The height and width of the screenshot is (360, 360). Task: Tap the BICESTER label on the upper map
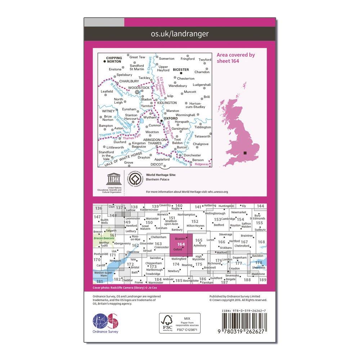coord(181,69)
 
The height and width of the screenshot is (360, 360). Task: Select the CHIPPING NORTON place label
coord(114,60)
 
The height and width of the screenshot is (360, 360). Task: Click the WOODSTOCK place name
coord(139,87)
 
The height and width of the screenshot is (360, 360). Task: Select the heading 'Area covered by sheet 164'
coord(236,58)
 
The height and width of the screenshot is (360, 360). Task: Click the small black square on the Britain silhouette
coord(245,153)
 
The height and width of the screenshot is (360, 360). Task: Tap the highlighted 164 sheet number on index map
coord(181,244)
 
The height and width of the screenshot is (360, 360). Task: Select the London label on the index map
coord(228,260)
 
